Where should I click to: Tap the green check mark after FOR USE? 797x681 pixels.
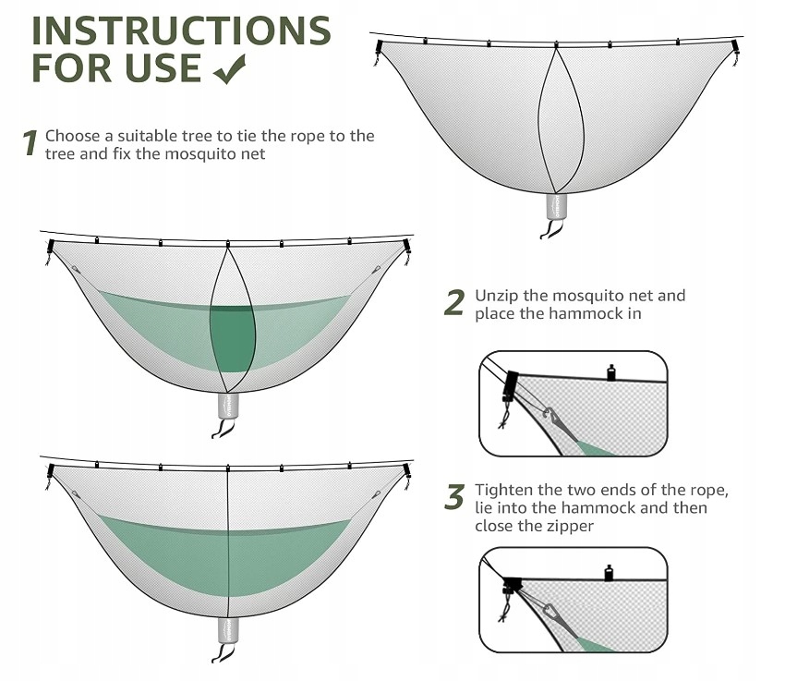(229, 68)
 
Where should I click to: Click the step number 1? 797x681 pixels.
(30, 143)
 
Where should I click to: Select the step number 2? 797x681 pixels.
(453, 303)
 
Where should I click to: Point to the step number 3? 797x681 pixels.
(453, 497)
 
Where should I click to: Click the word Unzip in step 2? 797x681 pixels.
(497, 297)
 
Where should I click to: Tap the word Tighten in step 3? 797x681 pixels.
(505, 490)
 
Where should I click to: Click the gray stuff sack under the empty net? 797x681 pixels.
(556, 205)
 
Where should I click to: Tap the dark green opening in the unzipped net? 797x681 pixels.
(232, 335)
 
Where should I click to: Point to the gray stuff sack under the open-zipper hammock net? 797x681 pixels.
(228, 406)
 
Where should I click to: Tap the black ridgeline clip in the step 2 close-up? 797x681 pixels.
(610, 372)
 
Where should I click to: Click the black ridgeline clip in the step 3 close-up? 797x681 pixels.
(609, 573)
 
